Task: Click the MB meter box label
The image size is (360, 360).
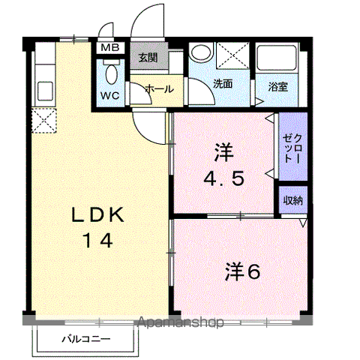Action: click(x=110, y=47)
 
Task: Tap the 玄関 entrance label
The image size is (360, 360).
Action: click(x=148, y=58)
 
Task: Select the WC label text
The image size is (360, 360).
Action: click(x=110, y=95)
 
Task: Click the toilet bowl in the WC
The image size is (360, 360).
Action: click(x=112, y=74)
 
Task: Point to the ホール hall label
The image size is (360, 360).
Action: click(x=159, y=89)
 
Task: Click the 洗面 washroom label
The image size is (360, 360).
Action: click(x=223, y=84)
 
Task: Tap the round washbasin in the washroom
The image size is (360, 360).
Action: click(x=201, y=52)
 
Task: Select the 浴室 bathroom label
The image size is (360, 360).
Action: click(x=278, y=87)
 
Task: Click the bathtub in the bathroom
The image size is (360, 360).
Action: click(x=277, y=57)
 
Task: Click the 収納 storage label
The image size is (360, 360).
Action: click(x=293, y=200)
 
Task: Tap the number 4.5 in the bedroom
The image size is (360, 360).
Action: click(x=223, y=178)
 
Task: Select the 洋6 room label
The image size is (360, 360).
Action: click(x=243, y=271)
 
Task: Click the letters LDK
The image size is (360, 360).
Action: click(x=98, y=214)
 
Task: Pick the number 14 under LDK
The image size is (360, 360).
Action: click(x=98, y=241)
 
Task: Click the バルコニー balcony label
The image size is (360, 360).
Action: click(x=86, y=339)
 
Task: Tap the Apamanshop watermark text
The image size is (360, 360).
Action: click(x=181, y=322)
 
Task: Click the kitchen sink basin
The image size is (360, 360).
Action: click(x=45, y=91)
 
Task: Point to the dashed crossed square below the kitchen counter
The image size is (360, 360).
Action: click(x=44, y=120)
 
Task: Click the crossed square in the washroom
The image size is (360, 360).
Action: click(x=232, y=55)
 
